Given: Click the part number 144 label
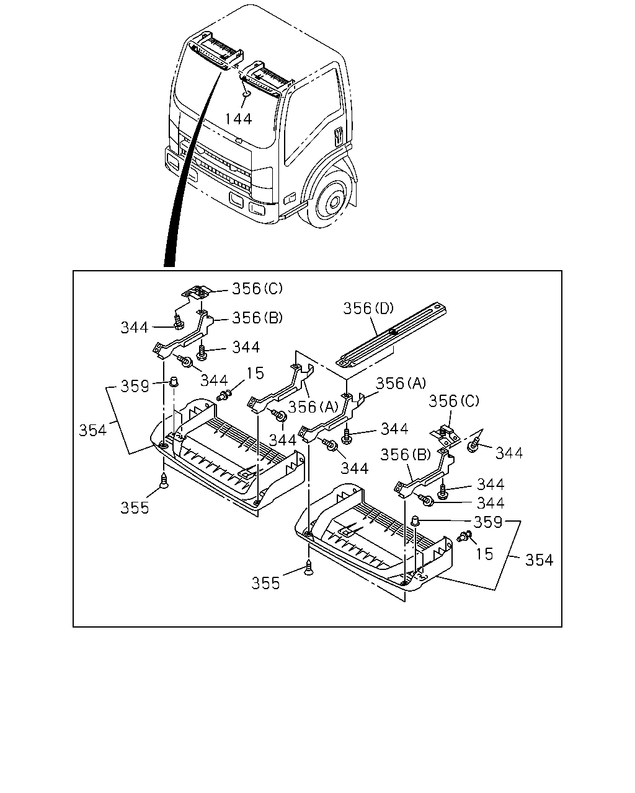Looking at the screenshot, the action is (x=238, y=119).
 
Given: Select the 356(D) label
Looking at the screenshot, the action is (x=368, y=309).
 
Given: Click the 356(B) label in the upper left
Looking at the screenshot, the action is (x=257, y=318).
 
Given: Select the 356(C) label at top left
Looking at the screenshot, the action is (x=257, y=289).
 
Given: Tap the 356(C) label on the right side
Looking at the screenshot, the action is (x=453, y=401).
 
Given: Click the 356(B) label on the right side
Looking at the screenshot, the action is (x=406, y=455).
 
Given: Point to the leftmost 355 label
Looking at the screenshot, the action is (x=135, y=508).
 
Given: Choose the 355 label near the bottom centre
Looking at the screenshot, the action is (x=265, y=584).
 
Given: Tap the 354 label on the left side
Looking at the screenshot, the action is (x=92, y=431).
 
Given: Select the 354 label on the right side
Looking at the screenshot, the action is (x=539, y=560).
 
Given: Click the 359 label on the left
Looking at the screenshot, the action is (x=135, y=387).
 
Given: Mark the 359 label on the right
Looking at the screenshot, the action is (x=488, y=522).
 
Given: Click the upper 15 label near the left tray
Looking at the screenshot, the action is (x=255, y=374).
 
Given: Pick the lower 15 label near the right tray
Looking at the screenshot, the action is (x=484, y=554).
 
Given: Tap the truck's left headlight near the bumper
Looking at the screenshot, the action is (x=172, y=160).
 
